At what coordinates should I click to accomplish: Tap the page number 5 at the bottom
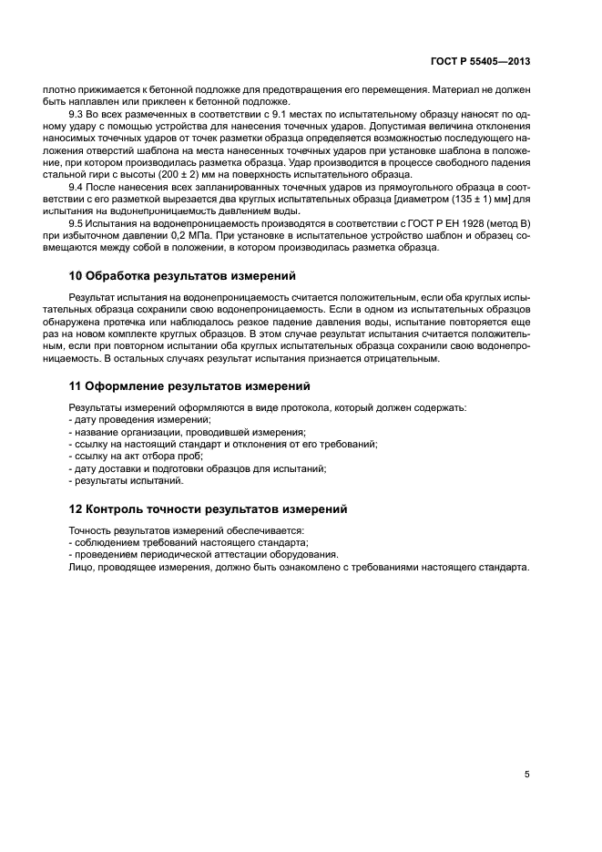pos(527,775)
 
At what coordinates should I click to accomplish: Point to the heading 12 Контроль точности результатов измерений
pos(209,508)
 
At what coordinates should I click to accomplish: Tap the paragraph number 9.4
pos(78,186)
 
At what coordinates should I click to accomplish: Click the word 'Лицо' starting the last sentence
pos(81,567)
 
